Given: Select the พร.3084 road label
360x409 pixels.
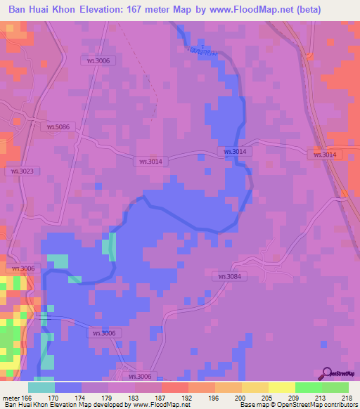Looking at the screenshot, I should click(229, 276).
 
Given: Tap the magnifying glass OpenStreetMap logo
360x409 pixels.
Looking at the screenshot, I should click(328, 373).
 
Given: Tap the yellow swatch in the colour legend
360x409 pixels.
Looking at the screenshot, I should click(255, 387).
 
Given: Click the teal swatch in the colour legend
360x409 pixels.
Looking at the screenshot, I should click(41, 387).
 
